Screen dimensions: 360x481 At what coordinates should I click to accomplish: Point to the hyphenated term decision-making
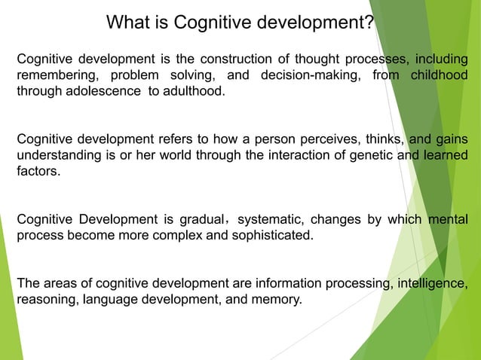tap(306, 76)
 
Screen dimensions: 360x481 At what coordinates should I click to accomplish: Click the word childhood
tap(438, 76)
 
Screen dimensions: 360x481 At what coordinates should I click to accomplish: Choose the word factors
tap(38, 172)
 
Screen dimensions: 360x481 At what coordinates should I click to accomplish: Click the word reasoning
tap(44, 300)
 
